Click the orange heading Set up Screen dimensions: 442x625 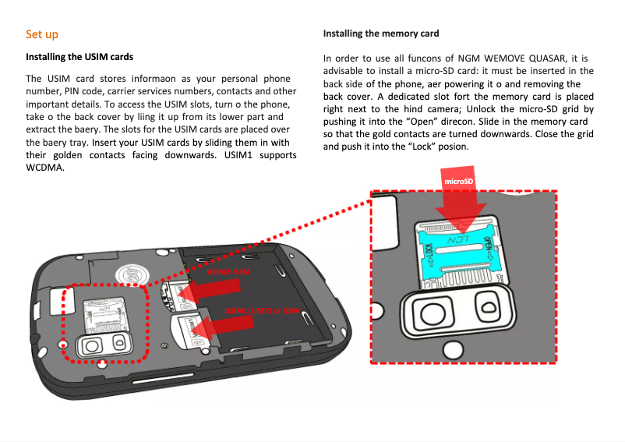point(42,34)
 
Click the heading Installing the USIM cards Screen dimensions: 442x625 point(79,57)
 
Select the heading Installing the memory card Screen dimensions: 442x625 point(381,34)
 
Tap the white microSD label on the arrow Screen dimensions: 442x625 point(458,182)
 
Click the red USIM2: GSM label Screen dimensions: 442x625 point(227,271)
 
